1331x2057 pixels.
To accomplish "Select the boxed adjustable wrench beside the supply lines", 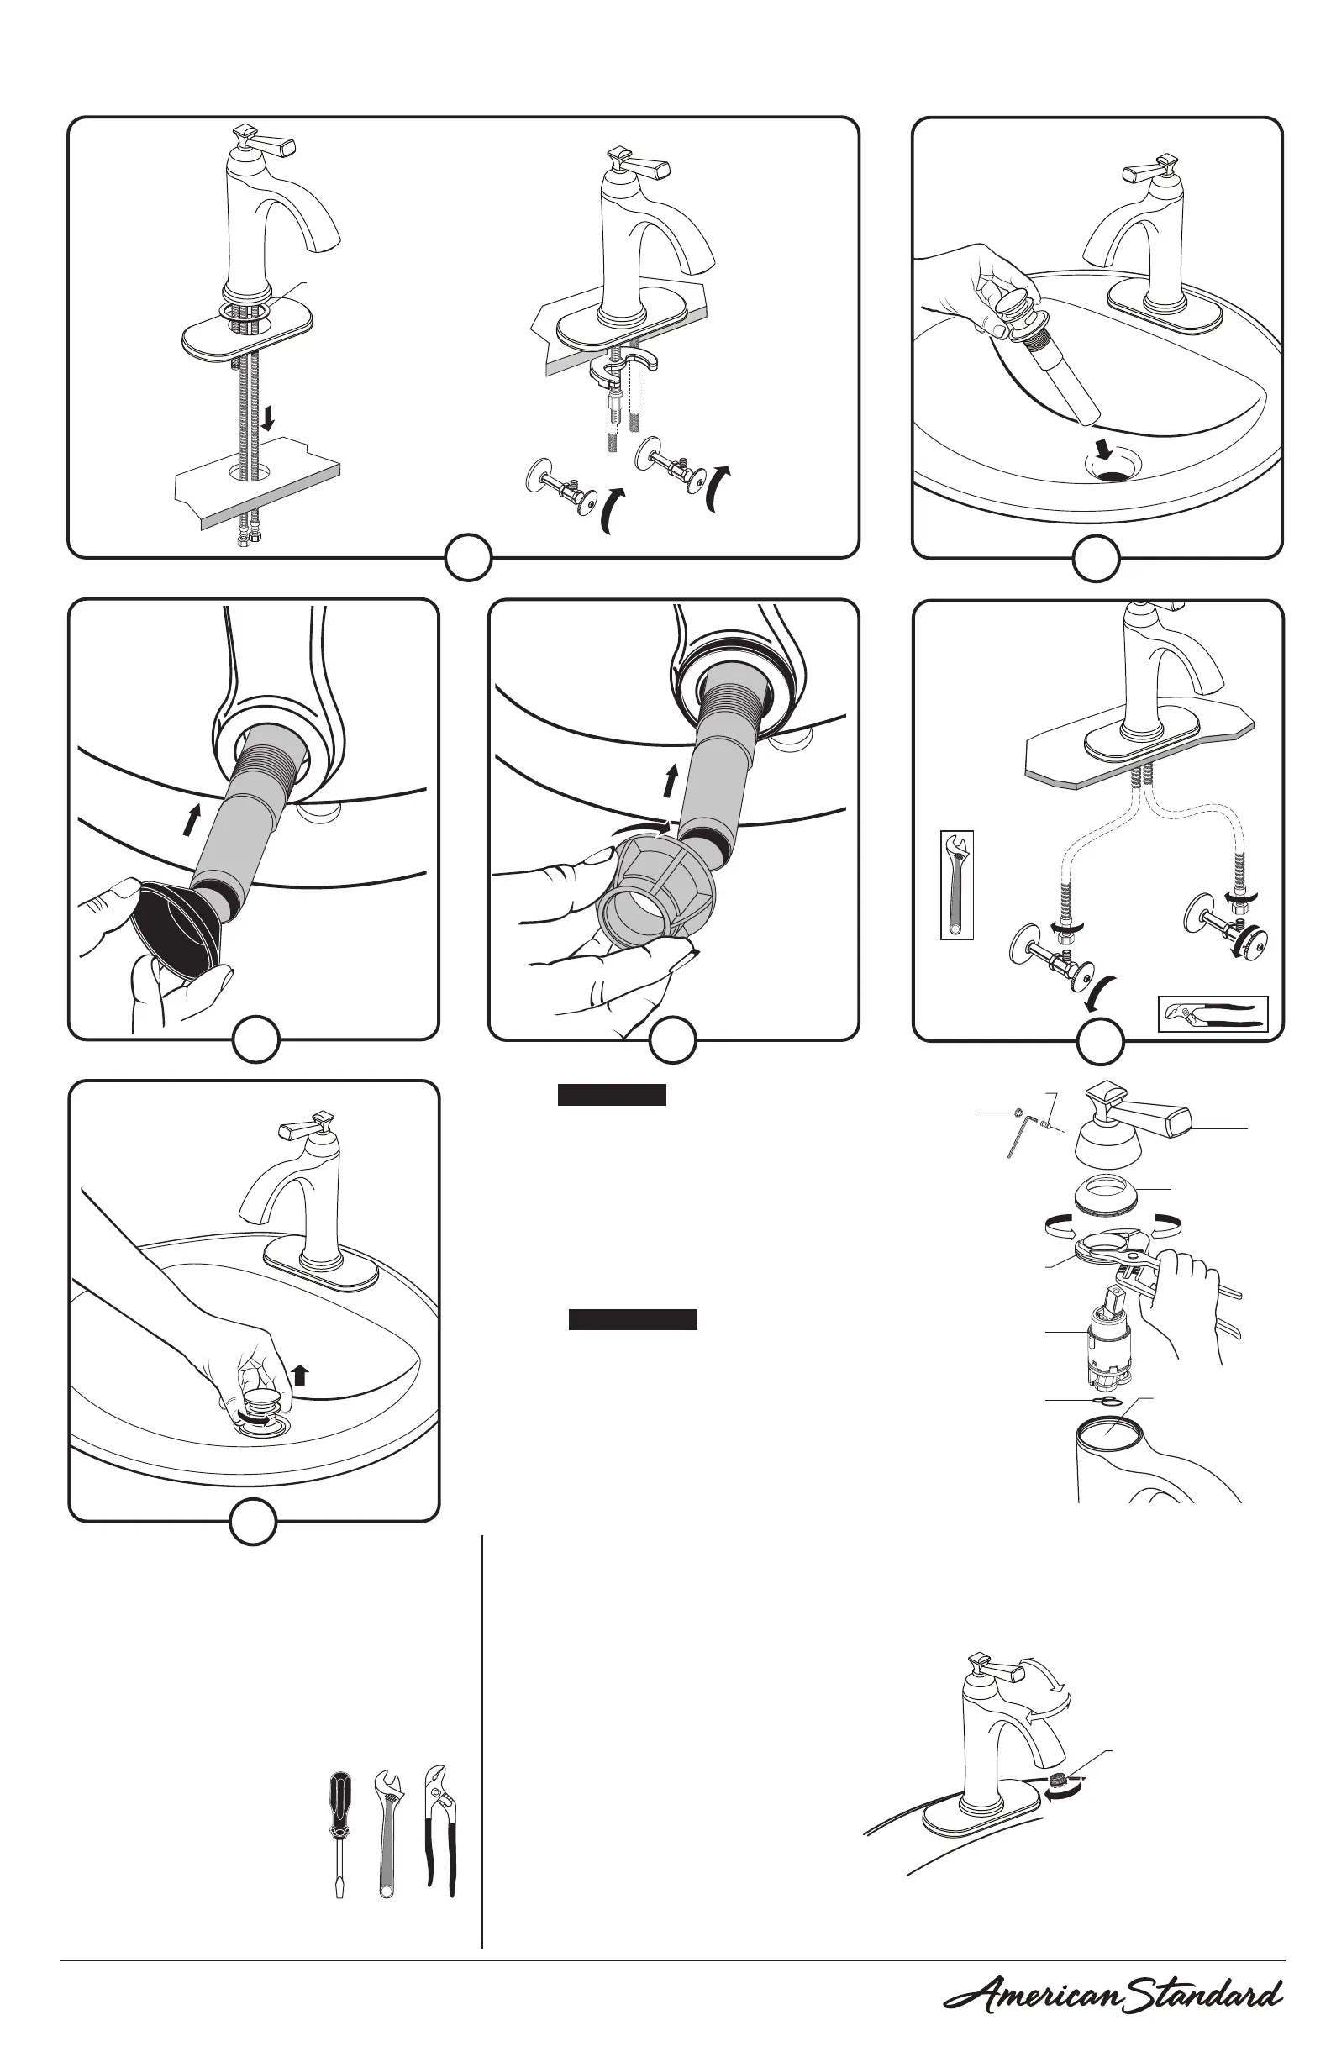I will coord(957,884).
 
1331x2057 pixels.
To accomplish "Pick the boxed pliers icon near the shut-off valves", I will coord(1213,1014).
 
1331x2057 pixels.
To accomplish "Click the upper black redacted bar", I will coord(611,1095).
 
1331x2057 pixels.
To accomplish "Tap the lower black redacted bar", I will coord(633,1320).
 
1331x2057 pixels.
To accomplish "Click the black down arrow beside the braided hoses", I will coord(270,420).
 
